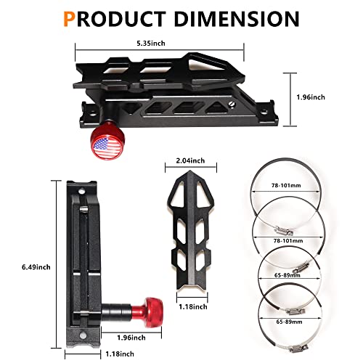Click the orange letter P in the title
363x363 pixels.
coord(70,17)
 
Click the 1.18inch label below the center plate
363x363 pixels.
coord(192,306)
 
